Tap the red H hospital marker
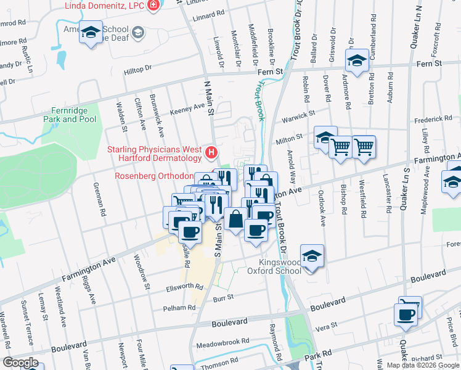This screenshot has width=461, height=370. [x=211, y=152]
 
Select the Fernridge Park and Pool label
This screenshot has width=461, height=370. [x=70, y=115]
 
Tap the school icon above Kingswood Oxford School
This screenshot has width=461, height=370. [x=312, y=257]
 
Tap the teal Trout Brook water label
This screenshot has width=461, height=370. [x=260, y=99]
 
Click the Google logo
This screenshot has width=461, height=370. [x=21, y=362]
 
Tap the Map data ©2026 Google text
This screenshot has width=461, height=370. [x=423, y=365]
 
